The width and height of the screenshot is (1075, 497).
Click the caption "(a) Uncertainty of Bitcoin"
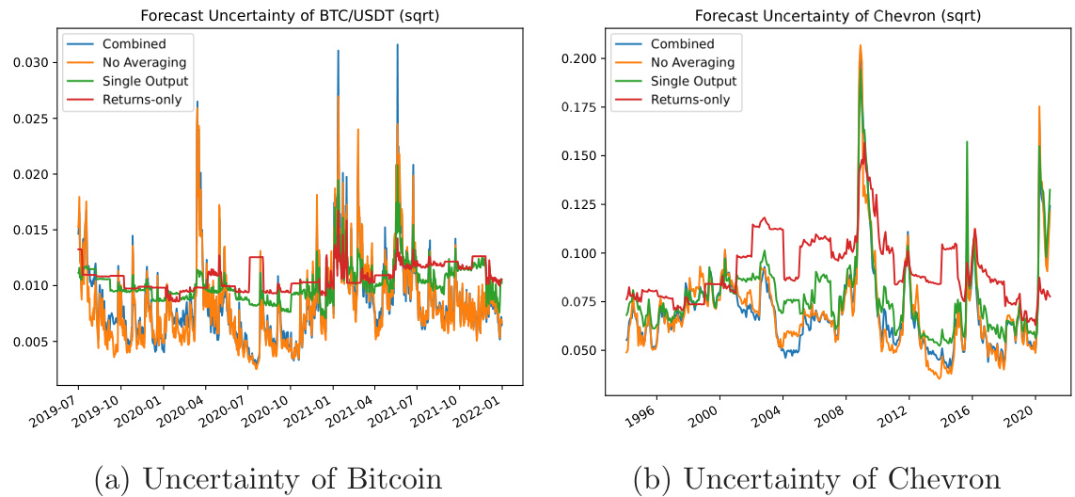click(267, 479)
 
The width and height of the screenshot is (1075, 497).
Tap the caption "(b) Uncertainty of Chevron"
click(816, 479)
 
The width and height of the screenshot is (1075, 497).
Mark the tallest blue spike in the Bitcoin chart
click(397, 44)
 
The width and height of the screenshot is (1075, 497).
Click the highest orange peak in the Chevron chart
click(860, 45)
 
